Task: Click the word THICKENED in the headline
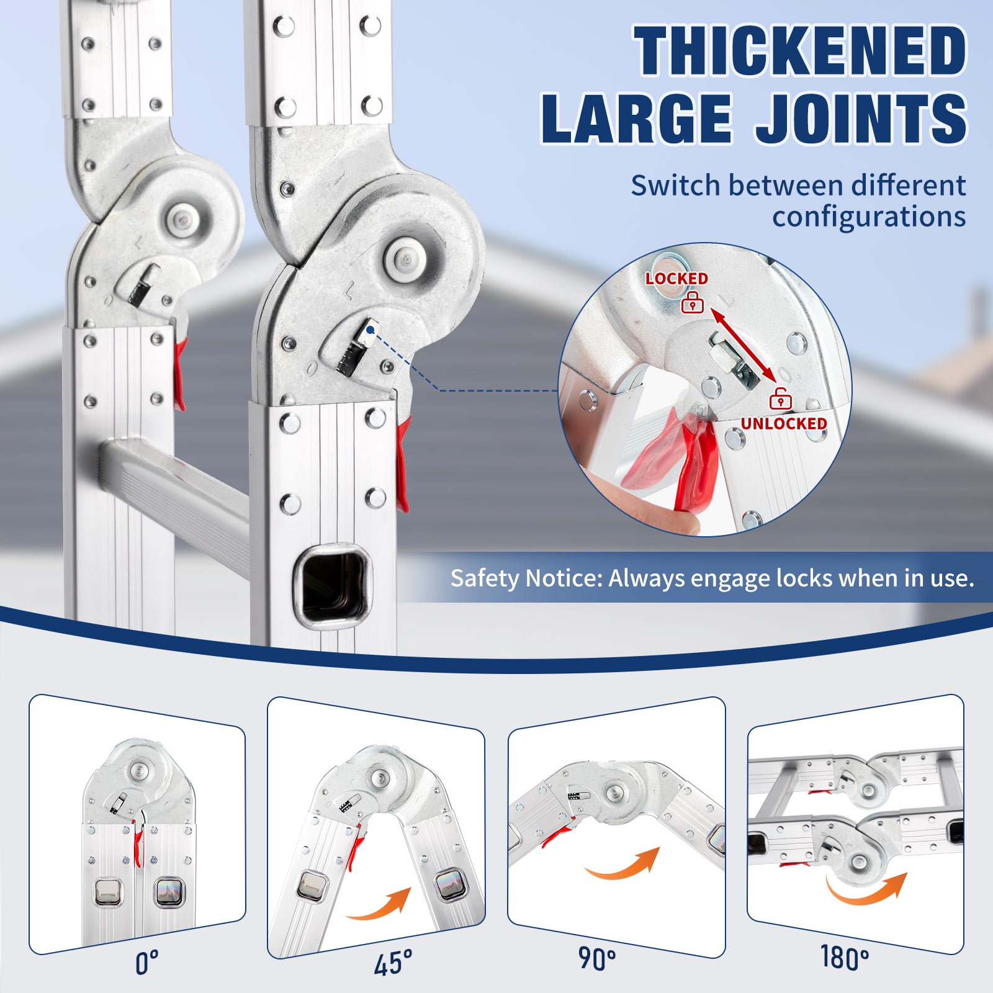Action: click(800, 52)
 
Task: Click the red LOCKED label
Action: click(676, 279)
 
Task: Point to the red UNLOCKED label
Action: click(784, 423)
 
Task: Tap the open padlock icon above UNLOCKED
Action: click(780, 398)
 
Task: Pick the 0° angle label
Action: click(146, 963)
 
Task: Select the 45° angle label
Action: click(393, 963)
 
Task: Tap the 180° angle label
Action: click(844, 957)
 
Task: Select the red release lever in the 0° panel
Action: click(137, 843)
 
